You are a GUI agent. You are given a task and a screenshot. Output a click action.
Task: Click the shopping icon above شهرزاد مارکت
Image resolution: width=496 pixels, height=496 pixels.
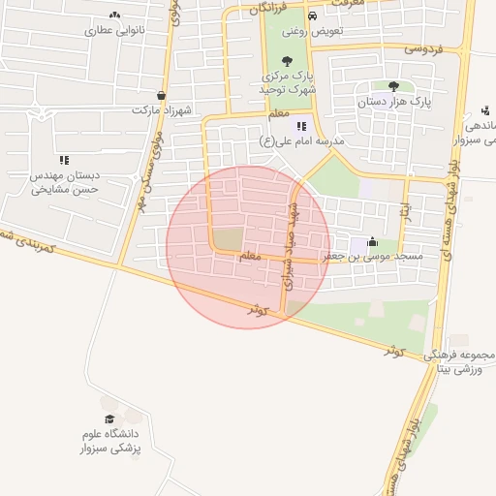pos(160,95)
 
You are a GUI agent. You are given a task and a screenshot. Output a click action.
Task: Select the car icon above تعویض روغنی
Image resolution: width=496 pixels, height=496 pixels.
pos(312,16)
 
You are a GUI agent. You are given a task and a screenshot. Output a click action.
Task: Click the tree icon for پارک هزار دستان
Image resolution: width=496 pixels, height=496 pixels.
pos(393,85)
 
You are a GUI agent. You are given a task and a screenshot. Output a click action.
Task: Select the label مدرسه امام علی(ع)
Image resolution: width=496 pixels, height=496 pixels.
pos(303,141)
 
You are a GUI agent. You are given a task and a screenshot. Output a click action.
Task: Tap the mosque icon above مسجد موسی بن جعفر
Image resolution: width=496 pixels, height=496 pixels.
pos(372,242)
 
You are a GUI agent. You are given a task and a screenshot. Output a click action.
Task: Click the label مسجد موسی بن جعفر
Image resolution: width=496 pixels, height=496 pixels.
pos(374,256)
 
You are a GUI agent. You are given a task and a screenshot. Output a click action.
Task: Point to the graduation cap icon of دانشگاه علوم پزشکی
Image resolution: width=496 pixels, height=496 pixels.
pos(109,417)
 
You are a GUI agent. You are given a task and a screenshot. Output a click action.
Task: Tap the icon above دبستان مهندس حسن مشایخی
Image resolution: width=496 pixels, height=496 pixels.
pos(64,160)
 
